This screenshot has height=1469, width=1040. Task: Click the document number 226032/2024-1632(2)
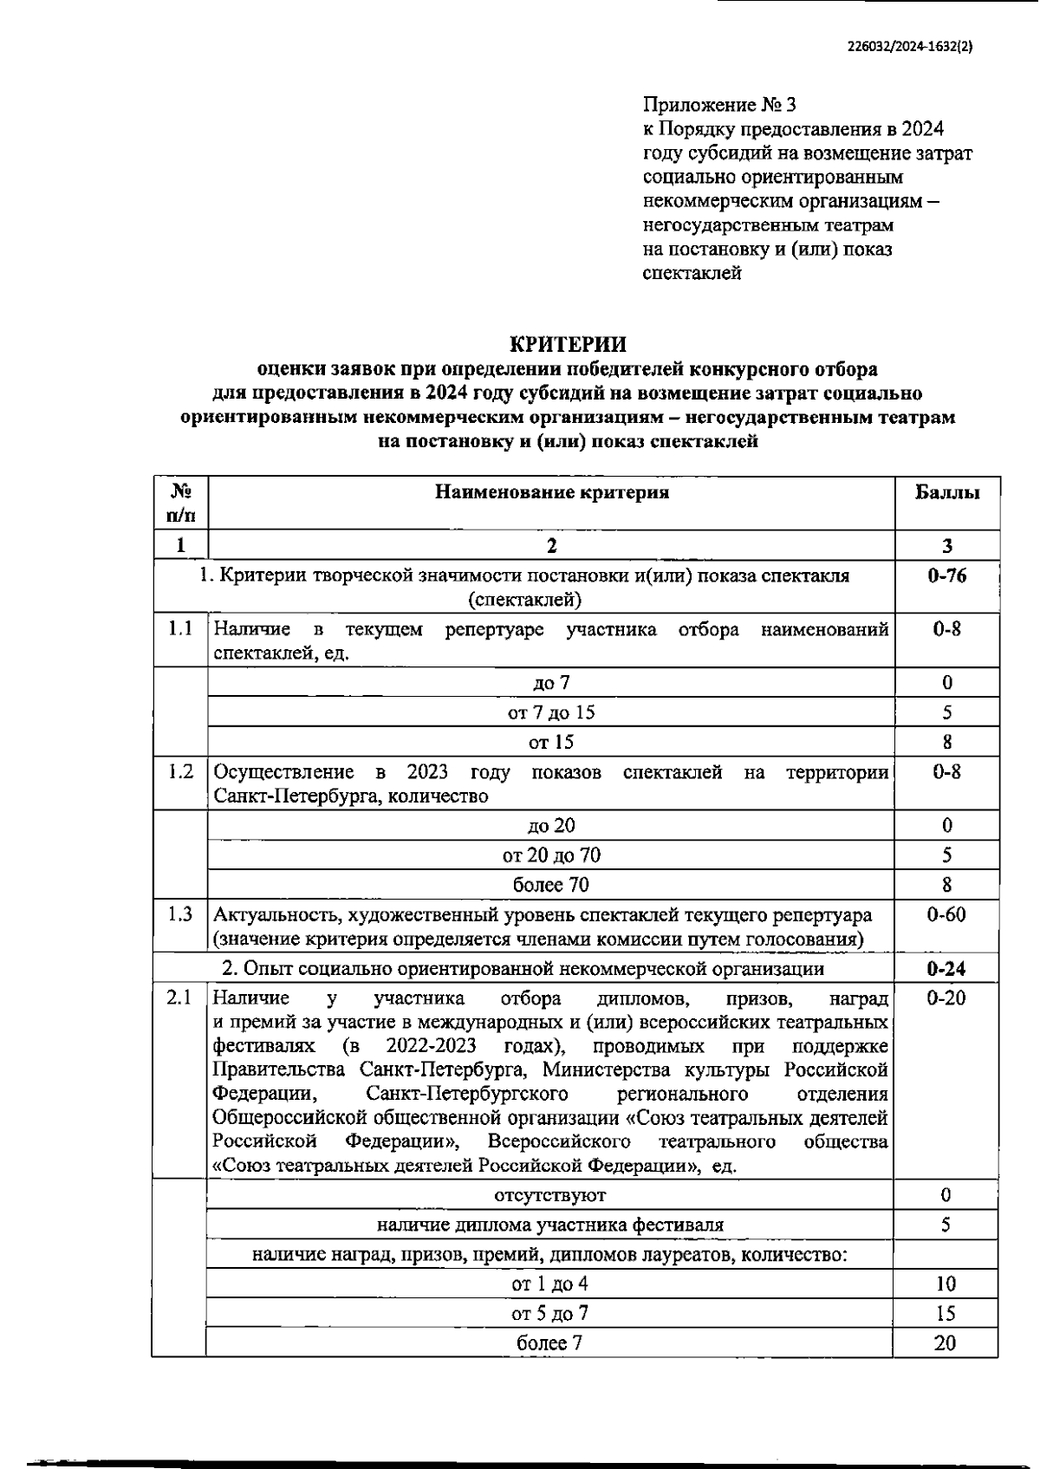[x=910, y=49]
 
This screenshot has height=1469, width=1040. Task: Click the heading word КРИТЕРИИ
[x=568, y=344]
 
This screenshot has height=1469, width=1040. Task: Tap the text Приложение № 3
[x=719, y=105]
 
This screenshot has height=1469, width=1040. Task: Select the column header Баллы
[x=947, y=492]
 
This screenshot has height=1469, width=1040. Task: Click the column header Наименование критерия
[x=551, y=492]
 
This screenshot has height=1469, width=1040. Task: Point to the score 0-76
[x=947, y=575]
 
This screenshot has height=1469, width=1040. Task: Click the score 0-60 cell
[x=946, y=914]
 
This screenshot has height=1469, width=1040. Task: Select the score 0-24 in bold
[x=946, y=968]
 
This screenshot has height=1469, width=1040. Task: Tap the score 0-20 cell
[x=946, y=998]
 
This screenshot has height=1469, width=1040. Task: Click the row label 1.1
[x=180, y=628]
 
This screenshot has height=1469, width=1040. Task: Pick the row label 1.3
[x=180, y=914]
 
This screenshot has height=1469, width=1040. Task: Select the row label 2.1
[x=179, y=998]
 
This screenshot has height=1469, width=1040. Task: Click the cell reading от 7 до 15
[x=551, y=712]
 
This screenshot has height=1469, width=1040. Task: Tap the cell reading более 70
[x=551, y=885]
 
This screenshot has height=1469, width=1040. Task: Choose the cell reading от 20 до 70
[x=551, y=855]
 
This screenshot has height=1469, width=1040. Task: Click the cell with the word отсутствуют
[x=550, y=1196]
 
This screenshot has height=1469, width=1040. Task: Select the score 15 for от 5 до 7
[x=946, y=1314]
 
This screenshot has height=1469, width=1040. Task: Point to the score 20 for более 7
[x=946, y=1343]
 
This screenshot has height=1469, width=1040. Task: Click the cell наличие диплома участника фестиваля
[x=550, y=1225]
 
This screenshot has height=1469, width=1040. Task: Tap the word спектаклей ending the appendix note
[x=692, y=273]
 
